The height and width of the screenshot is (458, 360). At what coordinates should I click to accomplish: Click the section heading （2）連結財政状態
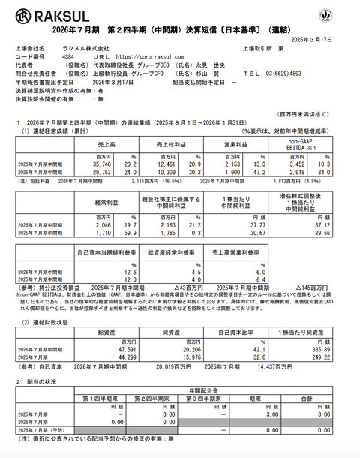pos(50,321)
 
